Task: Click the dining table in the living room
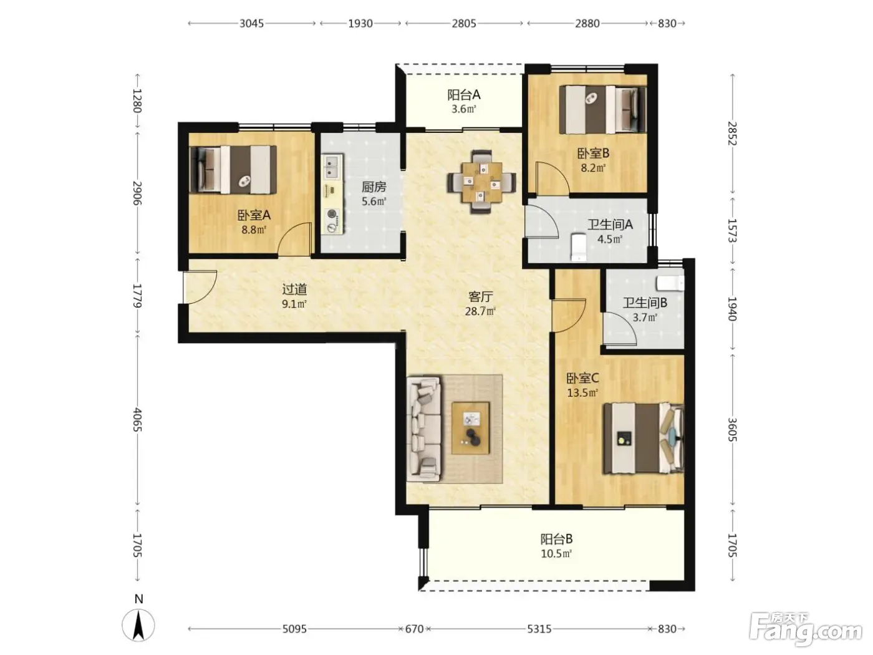pyautogui.click(x=481, y=182)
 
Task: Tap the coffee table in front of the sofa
pyautogui.click(x=470, y=428)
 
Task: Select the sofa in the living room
pyautogui.click(x=423, y=429)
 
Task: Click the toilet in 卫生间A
pyautogui.click(x=578, y=247)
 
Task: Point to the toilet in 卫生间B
pyautogui.click(x=670, y=284)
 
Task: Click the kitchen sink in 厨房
pyautogui.click(x=332, y=167)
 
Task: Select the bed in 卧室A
pyautogui.click(x=233, y=170)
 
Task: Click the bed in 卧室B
pyautogui.click(x=602, y=109)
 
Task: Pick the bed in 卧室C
pyautogui.click(x=643, y=439)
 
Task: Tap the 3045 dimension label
pyautogui.click(x=251, y=24)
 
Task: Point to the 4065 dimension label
pyautogui.click(x=138, y=419)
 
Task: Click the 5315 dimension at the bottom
pyautogui.click(x=539, y=629)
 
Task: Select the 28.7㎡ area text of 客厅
pyautogui.click(x=480, y=311)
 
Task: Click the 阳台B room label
pyautogui.click(x=556, y=539)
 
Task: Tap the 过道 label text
pyautogui.click(x=294, y=289)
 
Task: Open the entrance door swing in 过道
pyautogui.click(x=200, y=287)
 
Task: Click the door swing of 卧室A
pyautogui.click(x=294, y=239)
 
